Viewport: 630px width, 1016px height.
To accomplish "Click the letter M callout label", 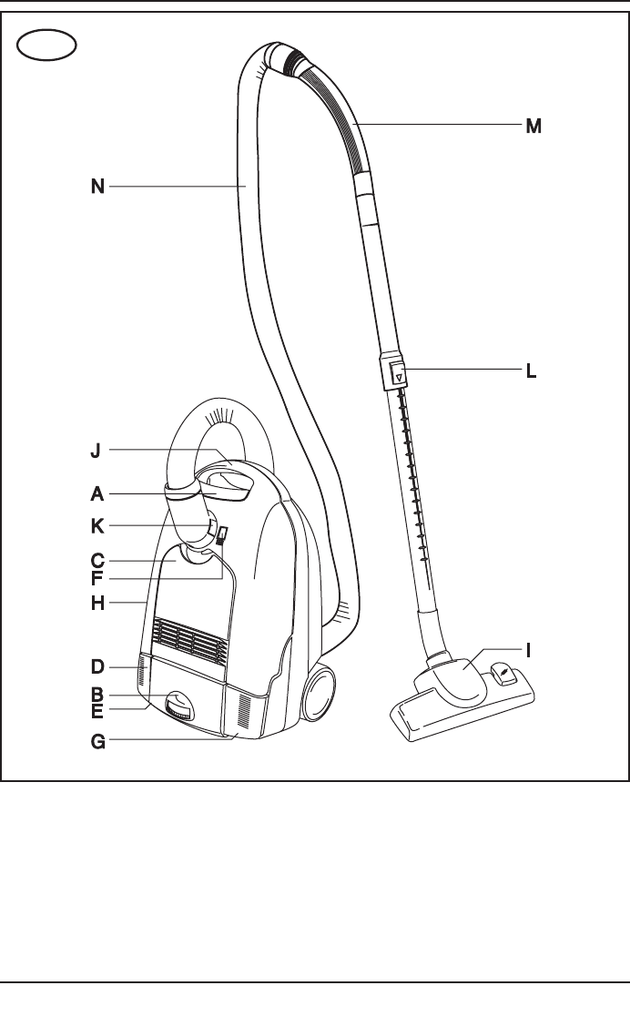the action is [x=533, y=127].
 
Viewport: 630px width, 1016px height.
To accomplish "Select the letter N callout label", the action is [x=98, y=187].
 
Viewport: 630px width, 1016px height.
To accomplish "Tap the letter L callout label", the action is [x=531, y=371].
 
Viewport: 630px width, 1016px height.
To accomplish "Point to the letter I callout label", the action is [x=528, y=651].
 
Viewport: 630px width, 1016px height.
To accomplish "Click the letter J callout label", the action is [x=96, y=451].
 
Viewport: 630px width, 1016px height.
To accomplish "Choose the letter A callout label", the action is [x=97, y=494].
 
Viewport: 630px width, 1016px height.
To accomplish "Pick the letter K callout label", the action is [x=97, y=526].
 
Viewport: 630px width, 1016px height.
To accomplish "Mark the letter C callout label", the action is [x=97, y=561].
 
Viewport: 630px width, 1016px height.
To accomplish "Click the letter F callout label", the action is [x=97, y=579].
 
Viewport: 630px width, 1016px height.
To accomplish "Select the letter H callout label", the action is [x=98, y=604].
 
